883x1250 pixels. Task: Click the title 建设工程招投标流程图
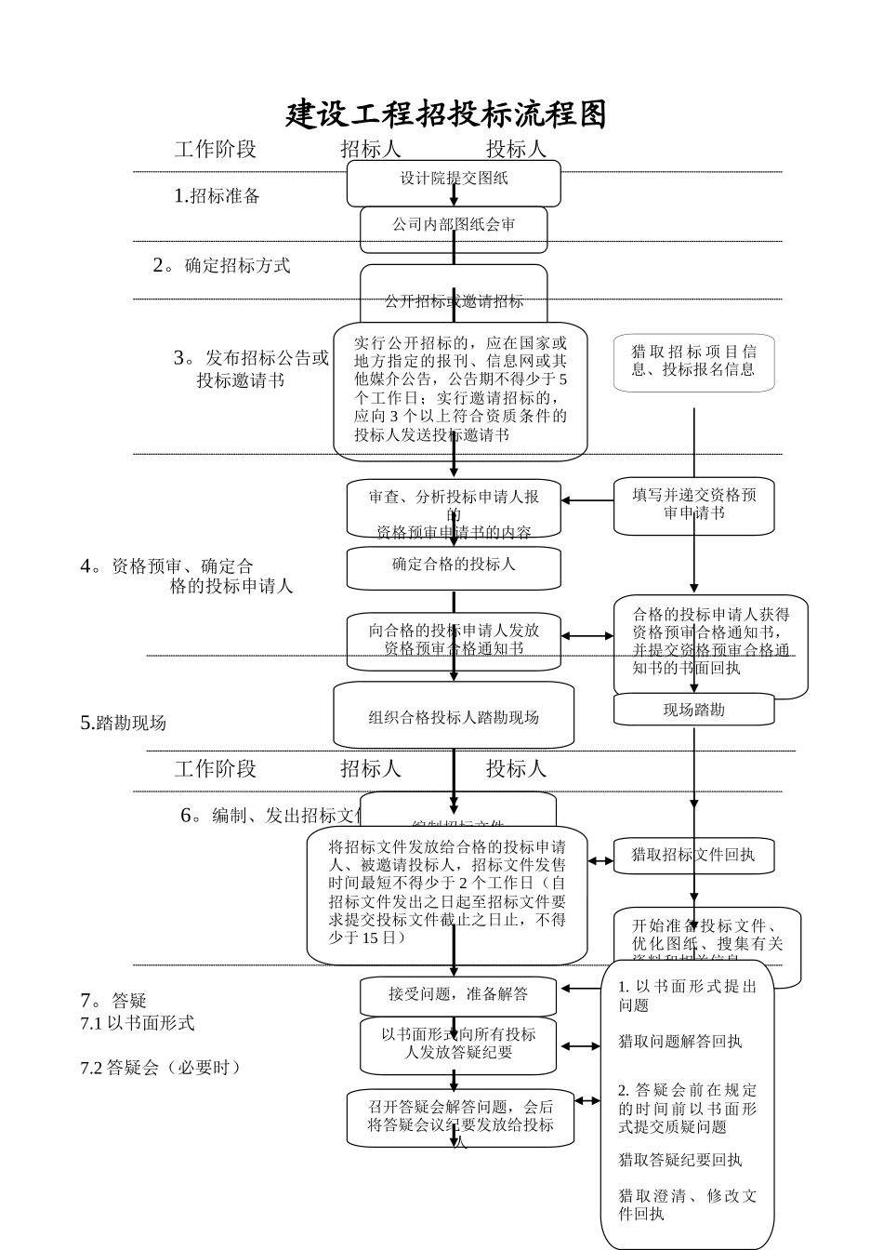[446, 113]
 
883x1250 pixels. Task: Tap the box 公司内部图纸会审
[454, 226]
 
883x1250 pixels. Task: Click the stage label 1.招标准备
[217, 196]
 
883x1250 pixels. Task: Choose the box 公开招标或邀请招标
[454, 299]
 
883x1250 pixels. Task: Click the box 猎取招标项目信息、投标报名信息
[693, 362]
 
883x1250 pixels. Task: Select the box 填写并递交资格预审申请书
[693, 505]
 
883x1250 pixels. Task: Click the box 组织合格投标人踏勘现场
[454, 717]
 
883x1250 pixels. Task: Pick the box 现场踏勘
[693, 710]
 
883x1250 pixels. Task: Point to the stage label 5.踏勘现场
[124, 724]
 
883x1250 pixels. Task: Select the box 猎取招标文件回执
[693, 855]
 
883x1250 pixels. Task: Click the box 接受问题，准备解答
[458, 995]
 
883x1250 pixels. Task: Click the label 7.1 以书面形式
[138, 1023]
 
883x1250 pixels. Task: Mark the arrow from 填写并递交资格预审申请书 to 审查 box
[587, 500]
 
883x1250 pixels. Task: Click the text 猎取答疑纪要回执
[680, 1160]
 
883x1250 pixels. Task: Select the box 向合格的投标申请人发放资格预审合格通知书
[454, 640]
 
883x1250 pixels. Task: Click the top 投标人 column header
[516, 149]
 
